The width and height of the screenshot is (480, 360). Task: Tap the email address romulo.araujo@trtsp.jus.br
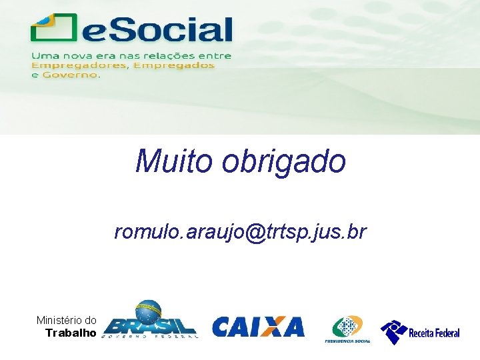click(x=240, y=232)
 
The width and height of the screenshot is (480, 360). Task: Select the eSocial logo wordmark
click(x=157, y=31)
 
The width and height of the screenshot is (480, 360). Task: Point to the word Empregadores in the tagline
click(x=79, y=65)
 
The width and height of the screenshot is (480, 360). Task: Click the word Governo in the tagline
click(x=69, y=75)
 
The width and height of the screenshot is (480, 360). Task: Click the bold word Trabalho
click(x=71, y=333)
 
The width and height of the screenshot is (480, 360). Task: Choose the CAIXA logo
click(x=258, y=327)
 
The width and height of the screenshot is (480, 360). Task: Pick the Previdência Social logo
click(x=347, y=329)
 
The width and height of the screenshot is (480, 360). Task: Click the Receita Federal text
click(x=434, y=333)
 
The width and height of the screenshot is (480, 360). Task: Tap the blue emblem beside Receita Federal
click(x=393, y=331)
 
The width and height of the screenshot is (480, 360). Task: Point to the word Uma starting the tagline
click(x=44, y=56)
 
